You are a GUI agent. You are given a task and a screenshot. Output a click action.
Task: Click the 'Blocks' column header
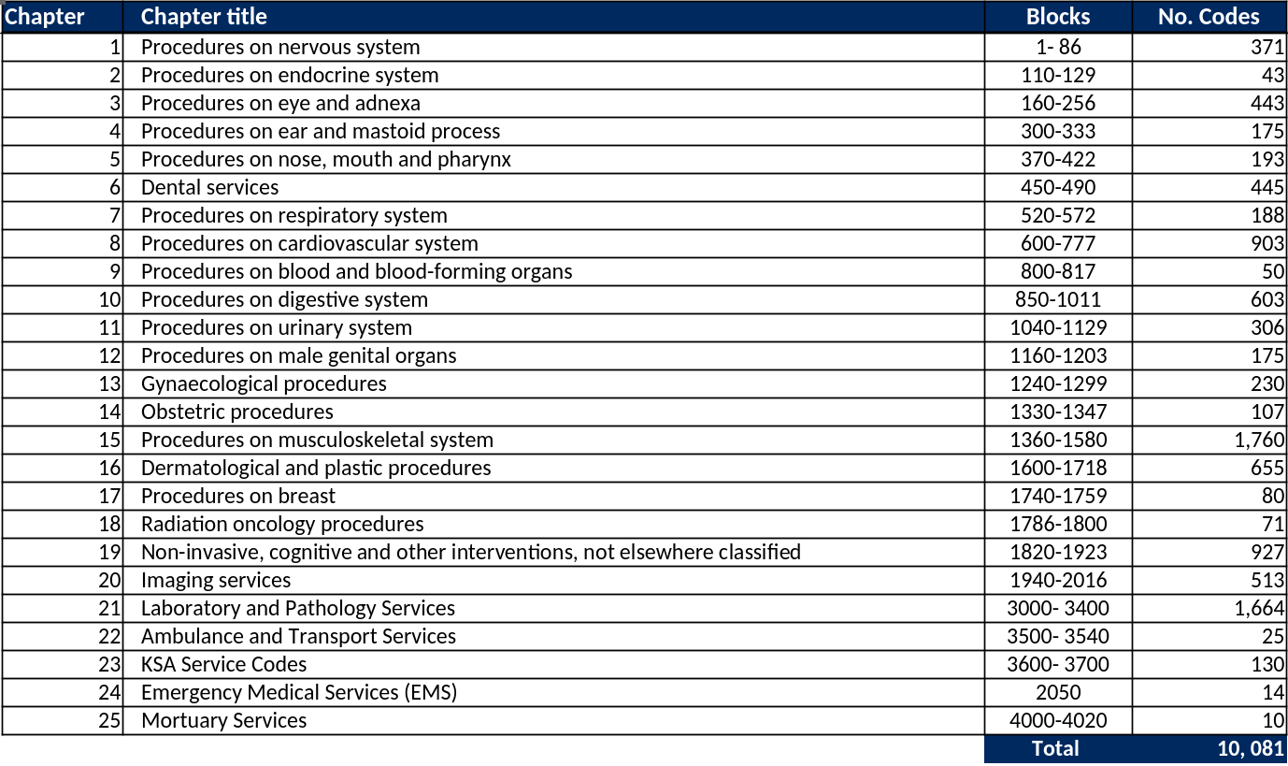coord(1058,17)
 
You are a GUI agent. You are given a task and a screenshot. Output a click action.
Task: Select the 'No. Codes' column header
coord(1209,17)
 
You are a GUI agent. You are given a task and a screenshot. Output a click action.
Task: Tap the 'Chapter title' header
coord(204,17)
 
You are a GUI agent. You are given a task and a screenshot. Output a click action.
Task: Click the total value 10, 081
coord(1251,748)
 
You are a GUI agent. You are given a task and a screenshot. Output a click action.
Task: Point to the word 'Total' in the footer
coord(1055,748)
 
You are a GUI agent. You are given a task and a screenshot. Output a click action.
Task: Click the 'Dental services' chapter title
coord(210,187)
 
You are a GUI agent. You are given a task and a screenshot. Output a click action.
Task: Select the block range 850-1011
coord(1058,299)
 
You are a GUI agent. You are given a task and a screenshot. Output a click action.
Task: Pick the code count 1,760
coord(1259,440)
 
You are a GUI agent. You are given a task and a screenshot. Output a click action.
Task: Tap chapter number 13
coord(109,383)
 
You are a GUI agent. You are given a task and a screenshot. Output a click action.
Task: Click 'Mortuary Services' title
coord(224,720)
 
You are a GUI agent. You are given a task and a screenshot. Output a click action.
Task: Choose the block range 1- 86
coord(1058,47)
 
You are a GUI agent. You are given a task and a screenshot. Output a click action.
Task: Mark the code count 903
coord(1267,243)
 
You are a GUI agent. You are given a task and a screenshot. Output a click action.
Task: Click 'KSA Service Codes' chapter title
coord(224,664)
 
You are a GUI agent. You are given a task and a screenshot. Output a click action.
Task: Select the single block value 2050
coord(1058,692)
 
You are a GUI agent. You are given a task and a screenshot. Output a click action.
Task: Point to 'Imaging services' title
coord(216,580)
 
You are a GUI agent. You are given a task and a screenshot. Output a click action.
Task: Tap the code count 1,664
coord(1259,608)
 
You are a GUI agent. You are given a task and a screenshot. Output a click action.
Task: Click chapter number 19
coord(109,552)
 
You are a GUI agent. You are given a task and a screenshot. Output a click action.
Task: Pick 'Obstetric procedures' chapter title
coord(237,412)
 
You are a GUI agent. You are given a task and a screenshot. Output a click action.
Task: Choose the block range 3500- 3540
coord(1058,636)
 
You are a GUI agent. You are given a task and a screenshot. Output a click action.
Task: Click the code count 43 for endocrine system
coord(1273,75)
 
